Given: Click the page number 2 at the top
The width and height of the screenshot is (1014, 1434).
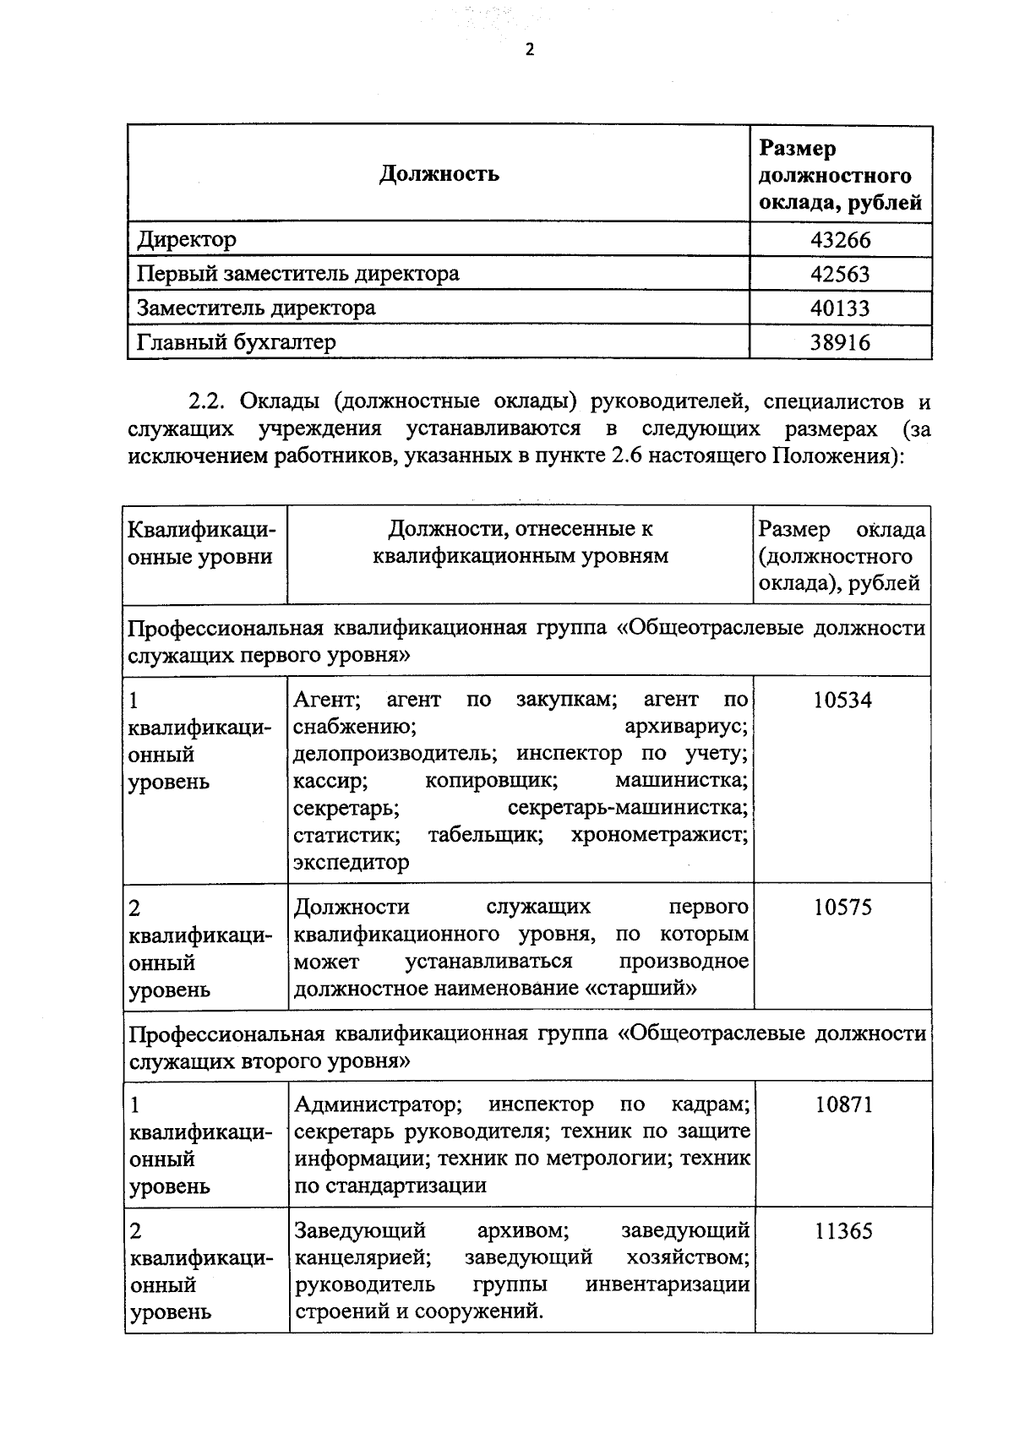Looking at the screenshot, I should tap(530, 50).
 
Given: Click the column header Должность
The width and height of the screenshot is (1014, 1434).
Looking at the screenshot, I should tap(439, 174).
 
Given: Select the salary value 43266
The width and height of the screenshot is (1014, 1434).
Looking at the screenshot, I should tap(840, 240).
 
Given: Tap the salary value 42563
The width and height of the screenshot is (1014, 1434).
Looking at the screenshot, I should tap(840, 274).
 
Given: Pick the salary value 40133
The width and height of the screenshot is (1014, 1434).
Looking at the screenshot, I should tap(840, 308).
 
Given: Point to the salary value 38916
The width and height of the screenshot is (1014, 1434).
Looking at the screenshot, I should tap(840, 342).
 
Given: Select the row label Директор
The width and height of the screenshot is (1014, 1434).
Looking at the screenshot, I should tap(187, 240).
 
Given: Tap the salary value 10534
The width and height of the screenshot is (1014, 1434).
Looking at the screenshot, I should tap(842, 700).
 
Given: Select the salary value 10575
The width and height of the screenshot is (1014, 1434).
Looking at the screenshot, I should tap(842, 908).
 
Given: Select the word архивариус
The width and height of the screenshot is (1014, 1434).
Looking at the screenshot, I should tap(685, 727).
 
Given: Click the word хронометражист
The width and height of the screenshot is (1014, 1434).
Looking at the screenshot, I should tap(659, 836).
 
